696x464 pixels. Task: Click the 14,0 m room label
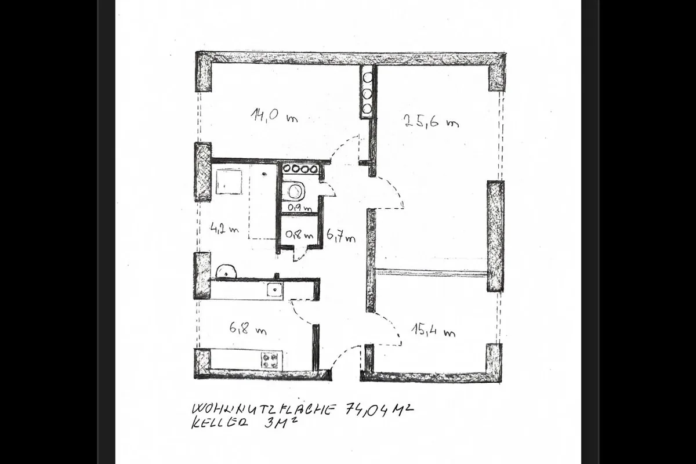coord(274,115)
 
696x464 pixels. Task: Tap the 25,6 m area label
coord(432,121)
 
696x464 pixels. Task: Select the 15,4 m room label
coord(433,331)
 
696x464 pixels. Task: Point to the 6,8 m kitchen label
coord(248,328)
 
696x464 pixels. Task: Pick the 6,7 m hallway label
coord(341,237)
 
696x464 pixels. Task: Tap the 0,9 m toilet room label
coord(299,208)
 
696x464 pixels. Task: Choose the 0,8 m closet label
coord(299,234)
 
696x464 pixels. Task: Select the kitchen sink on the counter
coord(275,289)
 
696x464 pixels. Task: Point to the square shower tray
coord(229,182)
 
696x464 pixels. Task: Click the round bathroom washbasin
coord(226,271)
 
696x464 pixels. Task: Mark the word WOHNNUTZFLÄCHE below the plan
coord(263,409)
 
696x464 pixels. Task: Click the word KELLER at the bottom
coord(219,423)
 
